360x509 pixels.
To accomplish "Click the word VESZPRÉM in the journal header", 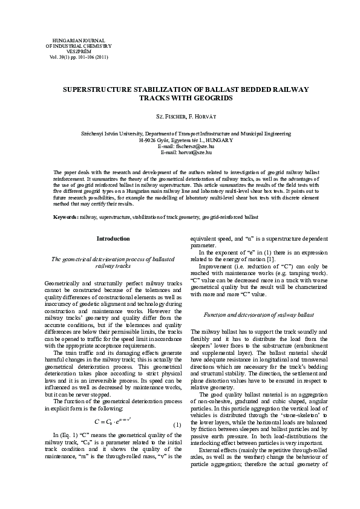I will (75, 51).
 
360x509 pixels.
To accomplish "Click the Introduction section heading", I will (113, 239).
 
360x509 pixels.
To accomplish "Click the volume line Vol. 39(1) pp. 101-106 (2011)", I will (75, 57).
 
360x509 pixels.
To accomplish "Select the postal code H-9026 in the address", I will (149, 140).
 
